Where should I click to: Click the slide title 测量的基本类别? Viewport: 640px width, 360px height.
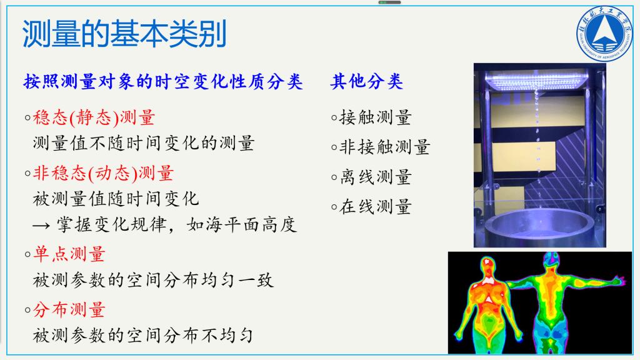click(124, 34)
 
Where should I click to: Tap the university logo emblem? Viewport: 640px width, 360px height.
click(604, 34)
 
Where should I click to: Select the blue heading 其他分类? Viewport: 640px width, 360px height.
click(366, 81)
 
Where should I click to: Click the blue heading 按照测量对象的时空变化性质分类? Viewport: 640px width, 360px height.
click(163, 81)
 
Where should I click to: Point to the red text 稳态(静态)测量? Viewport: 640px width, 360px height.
click(94, 117)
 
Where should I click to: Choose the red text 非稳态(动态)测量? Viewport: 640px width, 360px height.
click(103, 173)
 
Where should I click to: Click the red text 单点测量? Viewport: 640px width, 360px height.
click(69, 254)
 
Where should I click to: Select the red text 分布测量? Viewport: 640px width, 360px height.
click(69, 309)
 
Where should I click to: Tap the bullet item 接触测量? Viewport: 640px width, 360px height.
click(376, 117)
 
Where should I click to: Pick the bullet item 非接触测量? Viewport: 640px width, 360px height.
click(385, 147)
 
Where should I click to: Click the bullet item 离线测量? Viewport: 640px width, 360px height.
click(376, 177)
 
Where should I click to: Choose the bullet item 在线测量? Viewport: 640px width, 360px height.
click(376, 206)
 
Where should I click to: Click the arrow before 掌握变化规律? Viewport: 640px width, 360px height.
click(41, 225)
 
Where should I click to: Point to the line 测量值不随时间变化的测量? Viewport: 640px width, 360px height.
click(144, 143)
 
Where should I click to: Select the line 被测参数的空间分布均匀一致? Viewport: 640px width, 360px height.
click(153, 281)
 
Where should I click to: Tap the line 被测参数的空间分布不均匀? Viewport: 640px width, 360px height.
click(143, 336)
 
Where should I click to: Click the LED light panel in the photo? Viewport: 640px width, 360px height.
click(537, 80)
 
